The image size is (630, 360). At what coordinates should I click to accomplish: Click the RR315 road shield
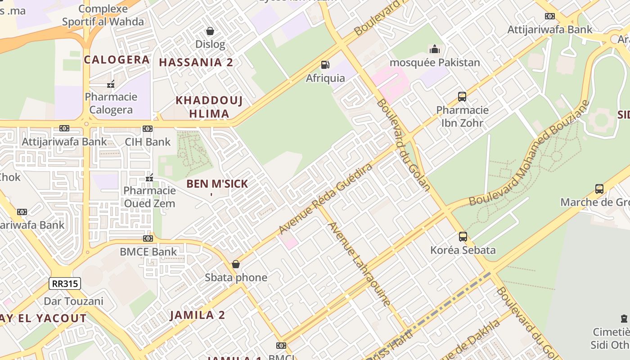pos(65,283)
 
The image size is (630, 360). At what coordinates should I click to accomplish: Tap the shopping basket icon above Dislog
pos(210,31)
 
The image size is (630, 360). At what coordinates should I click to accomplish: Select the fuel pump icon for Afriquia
pos(325,65)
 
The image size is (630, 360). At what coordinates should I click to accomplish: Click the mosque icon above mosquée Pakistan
pos(434,49)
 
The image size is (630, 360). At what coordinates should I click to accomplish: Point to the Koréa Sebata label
pos(463,250)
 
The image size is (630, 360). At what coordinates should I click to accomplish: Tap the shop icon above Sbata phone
pos(236,264)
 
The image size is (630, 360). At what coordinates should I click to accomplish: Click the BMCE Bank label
pos(148,252)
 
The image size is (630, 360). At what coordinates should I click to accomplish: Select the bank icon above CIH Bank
pos(148,129)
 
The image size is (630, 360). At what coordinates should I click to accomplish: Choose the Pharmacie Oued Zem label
pos(149,197)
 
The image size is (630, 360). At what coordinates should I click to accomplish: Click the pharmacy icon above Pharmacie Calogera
pos(111,84)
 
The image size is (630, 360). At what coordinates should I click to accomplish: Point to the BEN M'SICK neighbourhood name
pos(217,184)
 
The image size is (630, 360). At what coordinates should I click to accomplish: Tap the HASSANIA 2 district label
pos(196,63)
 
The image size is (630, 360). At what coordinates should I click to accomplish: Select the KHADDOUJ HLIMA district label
pos(209,107)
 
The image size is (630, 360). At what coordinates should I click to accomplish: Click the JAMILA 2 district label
pos(197,315)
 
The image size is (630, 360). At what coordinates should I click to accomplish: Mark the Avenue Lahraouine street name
pos(359,264)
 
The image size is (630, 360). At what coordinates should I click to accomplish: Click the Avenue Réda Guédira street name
pos(326,198)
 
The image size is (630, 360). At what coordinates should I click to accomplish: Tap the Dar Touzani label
pos(73,301)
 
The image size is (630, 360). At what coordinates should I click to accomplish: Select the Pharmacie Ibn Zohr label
pos(462,116)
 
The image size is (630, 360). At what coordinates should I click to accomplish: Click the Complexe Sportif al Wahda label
pos(103,15)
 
